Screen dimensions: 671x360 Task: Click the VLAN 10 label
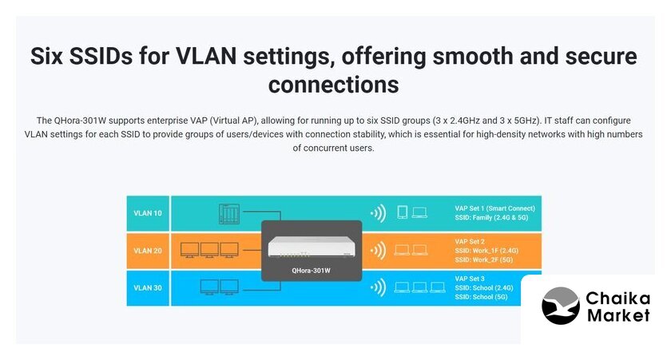(148, 213)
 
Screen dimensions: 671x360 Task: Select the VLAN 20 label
(148, 251)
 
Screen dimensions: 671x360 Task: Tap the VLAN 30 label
(148, 287)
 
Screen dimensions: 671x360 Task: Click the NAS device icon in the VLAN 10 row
(229, 214)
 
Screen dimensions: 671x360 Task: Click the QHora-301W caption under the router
(311, 271)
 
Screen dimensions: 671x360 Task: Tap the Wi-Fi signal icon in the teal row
(379, 213)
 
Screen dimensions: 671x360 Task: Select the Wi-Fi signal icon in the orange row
(379, 251)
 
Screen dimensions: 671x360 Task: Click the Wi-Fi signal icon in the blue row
(379, 287)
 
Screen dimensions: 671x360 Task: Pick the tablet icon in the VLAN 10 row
(403, 212)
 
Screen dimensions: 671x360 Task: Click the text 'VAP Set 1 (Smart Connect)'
(494, 208)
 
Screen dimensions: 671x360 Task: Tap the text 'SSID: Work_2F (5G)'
(483, 259)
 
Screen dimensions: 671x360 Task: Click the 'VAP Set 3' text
(470, 279)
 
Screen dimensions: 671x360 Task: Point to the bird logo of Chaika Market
(561, 305)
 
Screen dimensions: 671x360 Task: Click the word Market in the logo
(618, 316)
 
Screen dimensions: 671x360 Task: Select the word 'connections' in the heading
(333, 85)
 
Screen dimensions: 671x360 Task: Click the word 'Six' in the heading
(46, 56)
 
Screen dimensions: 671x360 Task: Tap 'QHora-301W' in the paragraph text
(80, 121)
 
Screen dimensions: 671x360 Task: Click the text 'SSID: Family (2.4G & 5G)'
(491, 217)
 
